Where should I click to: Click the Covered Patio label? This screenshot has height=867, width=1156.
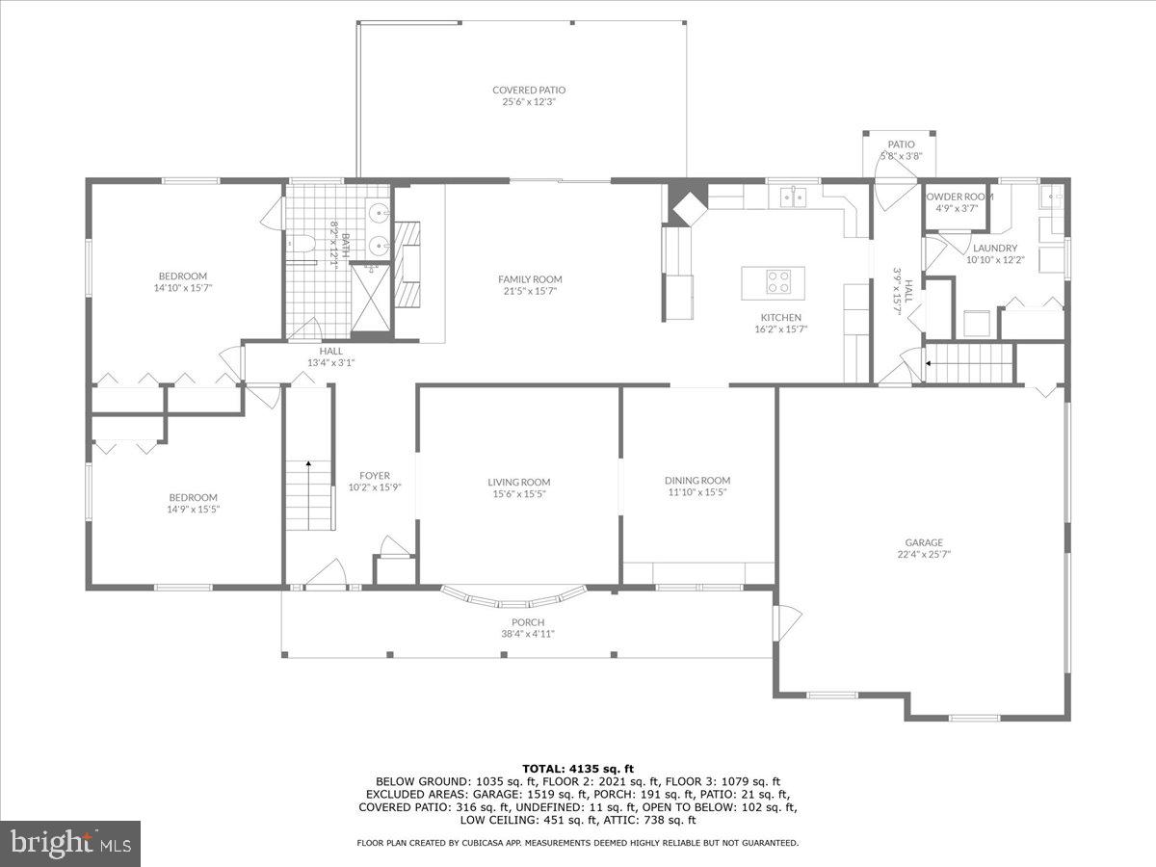click(529, 90)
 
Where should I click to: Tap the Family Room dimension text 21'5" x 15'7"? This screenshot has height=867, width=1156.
click(530, 291)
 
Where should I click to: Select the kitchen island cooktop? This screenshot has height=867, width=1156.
click(777, 281)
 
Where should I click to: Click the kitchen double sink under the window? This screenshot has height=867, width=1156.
click(792, 197)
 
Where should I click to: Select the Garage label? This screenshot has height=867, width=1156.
click(923, 542)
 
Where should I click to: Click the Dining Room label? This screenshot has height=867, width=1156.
click(697, 480)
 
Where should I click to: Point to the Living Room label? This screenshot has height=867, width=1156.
click(518, 483)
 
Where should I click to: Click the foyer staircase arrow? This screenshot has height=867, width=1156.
click(308, 464)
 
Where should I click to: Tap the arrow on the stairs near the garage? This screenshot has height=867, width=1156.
click(928, 364)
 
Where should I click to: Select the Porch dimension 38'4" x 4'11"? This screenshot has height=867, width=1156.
click(528, 633)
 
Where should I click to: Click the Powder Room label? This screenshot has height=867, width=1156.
click(959, 197)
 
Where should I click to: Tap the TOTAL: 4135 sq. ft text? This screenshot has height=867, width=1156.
click(578, 768)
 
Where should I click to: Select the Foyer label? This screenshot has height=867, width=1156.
click(374, 475)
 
